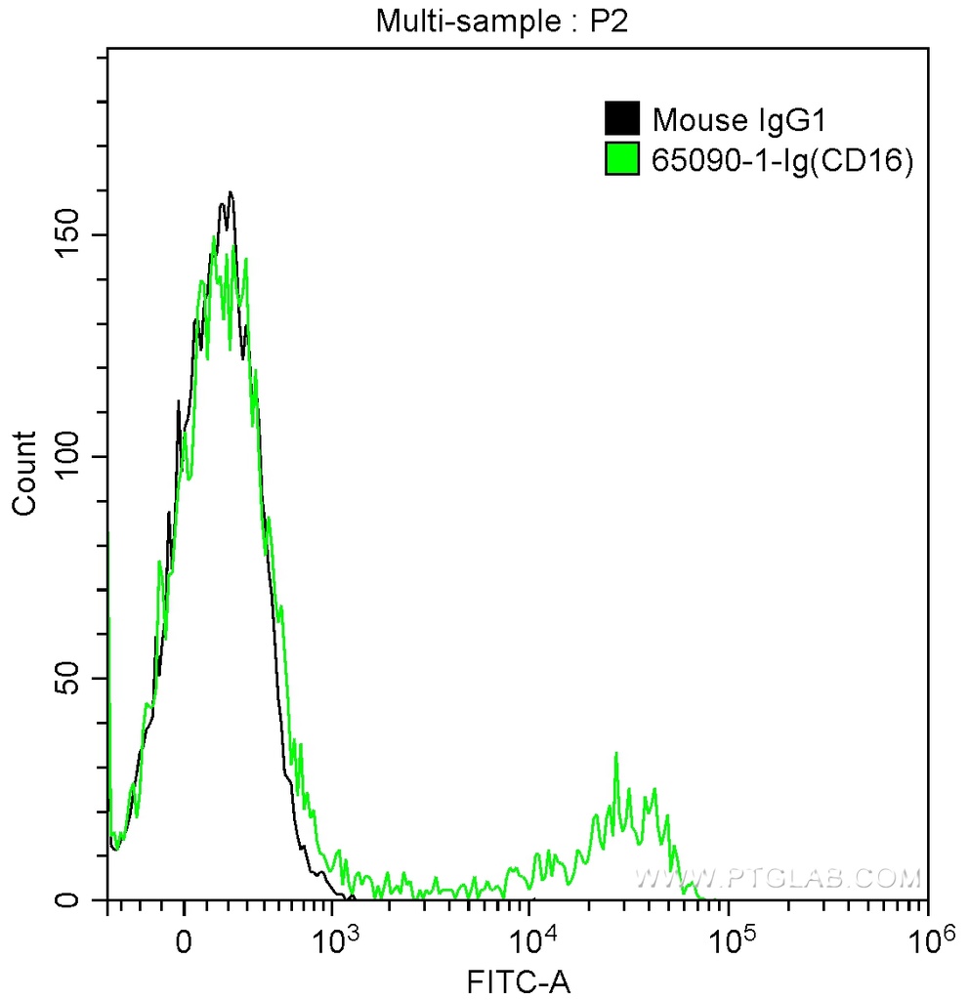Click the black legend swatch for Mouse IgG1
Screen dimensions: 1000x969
click(621, 119)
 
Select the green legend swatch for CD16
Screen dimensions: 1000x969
click(621, 159)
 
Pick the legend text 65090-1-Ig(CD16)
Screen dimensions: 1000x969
click(782, 160)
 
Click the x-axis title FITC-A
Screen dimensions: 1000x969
click(517, 979)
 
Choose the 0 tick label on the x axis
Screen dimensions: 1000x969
click(184, 942)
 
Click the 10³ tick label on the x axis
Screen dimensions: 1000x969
click(332, 939)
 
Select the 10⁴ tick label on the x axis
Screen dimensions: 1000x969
click(530, 939)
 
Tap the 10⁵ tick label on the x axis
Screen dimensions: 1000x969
click(729, 939)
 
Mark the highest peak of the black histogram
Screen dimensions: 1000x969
click(231, 192)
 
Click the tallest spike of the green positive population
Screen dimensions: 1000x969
click(616, 753)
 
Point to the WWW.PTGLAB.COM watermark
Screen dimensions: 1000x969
click(778, 878)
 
